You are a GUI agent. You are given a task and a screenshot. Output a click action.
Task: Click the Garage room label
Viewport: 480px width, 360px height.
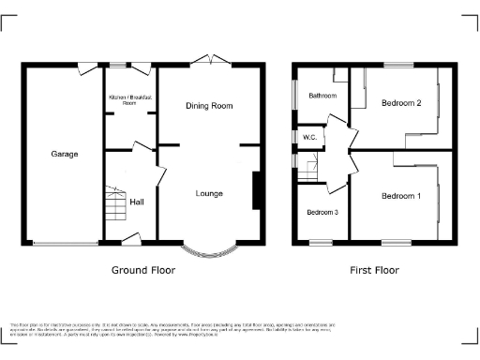pos(64,154)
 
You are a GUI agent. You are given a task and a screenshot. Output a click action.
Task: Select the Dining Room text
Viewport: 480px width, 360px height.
pos(208,106)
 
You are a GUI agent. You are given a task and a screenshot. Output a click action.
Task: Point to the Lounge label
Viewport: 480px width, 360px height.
pos(208,194)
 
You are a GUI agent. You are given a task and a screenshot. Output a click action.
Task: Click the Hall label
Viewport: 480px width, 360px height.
pos(137,202)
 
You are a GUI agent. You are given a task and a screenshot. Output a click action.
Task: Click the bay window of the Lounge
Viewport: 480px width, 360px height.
pos(208,249)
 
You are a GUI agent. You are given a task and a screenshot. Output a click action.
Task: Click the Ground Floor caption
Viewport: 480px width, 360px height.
pos(142,270)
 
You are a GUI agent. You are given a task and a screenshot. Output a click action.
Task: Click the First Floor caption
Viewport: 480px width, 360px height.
pos(374,270)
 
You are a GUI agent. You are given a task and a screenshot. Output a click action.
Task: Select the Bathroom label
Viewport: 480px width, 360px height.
pos(323,96)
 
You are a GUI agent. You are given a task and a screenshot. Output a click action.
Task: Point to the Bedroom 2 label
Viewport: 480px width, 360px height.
pos(400,103)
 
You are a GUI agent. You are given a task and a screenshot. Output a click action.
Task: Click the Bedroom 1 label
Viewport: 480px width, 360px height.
pos(400,196)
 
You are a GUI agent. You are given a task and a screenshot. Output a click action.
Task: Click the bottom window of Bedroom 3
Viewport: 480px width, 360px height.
pos(321,244)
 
